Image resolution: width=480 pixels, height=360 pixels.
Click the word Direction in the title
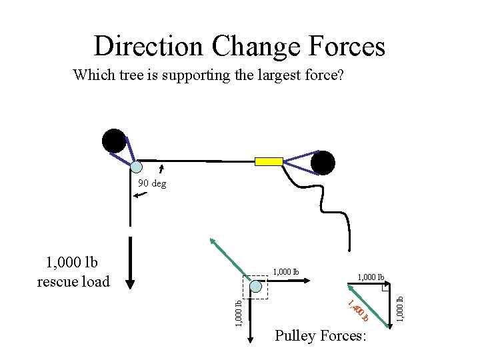tap(148, 46)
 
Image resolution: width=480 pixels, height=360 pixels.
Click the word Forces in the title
tap(347, 46)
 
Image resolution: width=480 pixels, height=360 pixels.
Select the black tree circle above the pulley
tap(114, 141)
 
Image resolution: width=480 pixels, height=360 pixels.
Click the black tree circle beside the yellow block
tap(323, 163)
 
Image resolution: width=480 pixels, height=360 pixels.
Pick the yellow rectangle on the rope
tap(269, 161)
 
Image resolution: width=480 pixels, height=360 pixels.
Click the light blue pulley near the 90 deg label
tap(137, 167)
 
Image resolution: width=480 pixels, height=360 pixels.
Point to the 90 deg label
tap(152, 183)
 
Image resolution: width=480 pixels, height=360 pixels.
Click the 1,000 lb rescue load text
tap(73, 272)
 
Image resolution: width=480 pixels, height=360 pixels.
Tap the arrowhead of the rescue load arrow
tap(130, 284)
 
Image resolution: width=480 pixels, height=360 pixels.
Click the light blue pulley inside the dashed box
tap(255, 287)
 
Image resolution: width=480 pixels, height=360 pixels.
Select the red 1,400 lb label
tap(358, 311)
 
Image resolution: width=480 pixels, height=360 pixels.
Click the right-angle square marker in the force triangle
tap(386, 287)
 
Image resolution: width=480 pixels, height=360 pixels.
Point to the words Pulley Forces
tap(321, 336)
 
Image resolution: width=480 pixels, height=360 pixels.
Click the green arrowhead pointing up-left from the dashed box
tap(213, 241)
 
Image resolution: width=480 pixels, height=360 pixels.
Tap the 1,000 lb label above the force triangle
tap(371, 277)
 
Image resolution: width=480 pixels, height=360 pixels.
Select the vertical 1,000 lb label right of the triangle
tap(399, 309)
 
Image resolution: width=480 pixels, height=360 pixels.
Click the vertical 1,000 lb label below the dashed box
tap(239, 313)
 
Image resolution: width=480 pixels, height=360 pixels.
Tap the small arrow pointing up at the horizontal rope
tap(161, 169)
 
